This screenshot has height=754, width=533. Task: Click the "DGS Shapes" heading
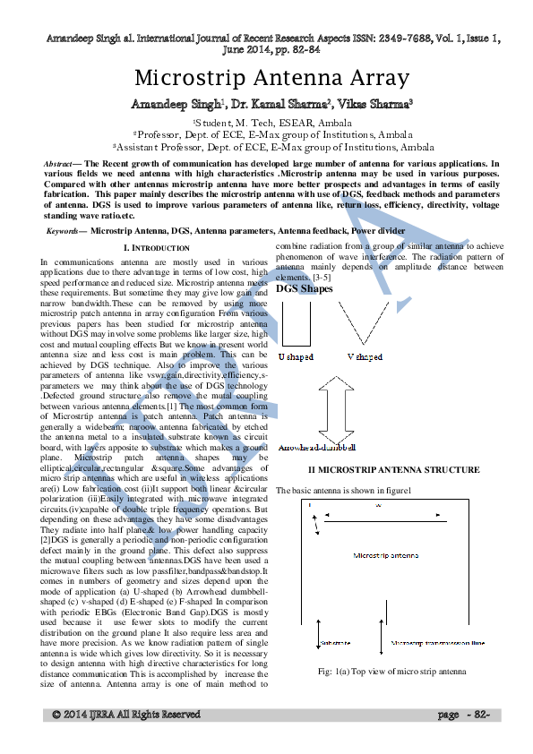coord(304,288)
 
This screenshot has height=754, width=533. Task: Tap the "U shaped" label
coord(296,356)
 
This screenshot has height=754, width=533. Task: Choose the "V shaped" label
coord(365,356)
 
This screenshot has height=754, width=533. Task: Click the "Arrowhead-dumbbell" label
coord(317,446)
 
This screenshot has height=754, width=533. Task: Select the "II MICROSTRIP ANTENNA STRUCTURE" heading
coord(381,469)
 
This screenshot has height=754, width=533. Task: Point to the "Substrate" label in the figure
coord(334,642)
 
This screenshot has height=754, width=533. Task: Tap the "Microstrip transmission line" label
coord(438,642)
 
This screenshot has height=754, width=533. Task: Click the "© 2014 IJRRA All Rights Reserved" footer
coord(125,714)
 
